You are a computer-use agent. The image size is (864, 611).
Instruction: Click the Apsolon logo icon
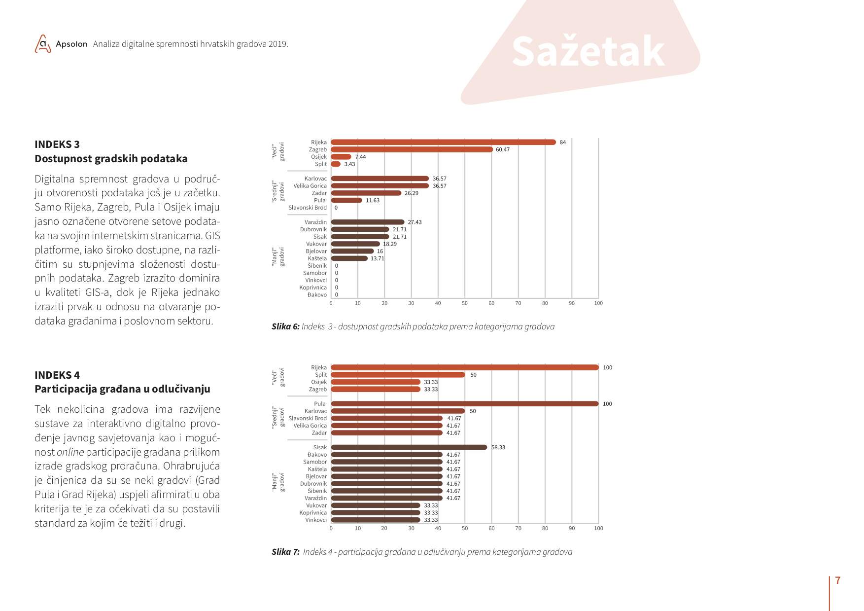click(43, 44)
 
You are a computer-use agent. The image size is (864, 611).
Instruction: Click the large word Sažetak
click(588, 51)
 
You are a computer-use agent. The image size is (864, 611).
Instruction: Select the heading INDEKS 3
click(57, 144)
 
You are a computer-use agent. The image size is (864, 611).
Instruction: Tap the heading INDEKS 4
click(57, 375)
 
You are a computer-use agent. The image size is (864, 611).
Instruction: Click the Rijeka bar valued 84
click(444, 142)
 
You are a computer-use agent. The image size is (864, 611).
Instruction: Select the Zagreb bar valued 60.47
click(412, 149)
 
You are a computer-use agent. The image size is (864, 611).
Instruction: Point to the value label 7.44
click(361, 157)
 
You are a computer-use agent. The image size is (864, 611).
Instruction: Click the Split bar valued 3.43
click(336, 164)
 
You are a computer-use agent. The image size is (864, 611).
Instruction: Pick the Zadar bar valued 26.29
click(366, 193)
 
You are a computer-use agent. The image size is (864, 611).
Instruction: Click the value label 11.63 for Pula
click(373, 201)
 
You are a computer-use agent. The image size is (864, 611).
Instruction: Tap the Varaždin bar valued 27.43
click(368, 222)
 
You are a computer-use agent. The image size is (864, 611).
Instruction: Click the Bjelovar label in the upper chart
click(316, 252)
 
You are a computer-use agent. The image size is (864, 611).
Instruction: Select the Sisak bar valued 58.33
click(409, 447)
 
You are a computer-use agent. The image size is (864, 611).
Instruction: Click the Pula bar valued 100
click(465, 404)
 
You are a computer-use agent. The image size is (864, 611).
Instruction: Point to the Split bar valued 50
click(398, 375)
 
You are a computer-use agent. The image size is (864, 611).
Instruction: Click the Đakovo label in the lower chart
click(317, 455)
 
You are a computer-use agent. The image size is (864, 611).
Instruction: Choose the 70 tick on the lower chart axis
click(518, 528)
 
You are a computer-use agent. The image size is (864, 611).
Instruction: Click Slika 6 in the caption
click(285, 326)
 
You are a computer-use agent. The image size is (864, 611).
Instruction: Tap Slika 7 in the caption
click(285, 552)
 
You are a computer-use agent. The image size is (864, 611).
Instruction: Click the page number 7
click(838, 580)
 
